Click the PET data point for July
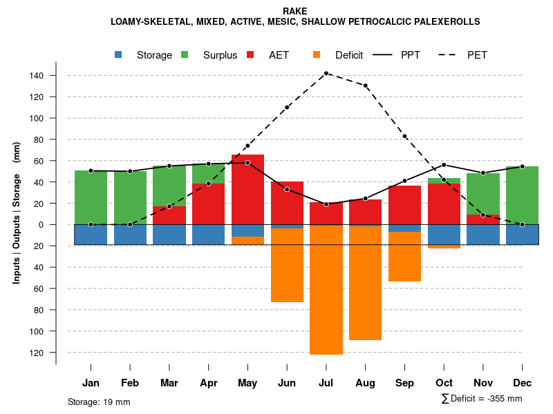click(x=326, y=73)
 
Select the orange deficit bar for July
click(x=326, y=290)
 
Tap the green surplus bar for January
click(x=91, y=197)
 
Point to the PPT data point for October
click(x=444, y=165)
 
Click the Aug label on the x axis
click(x=365, y=383)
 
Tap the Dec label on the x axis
click(x=522, y=383)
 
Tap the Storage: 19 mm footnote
click(x=99, y=402)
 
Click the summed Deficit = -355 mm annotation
click(x=482, y=399)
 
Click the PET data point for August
click(x=365, y=86)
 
